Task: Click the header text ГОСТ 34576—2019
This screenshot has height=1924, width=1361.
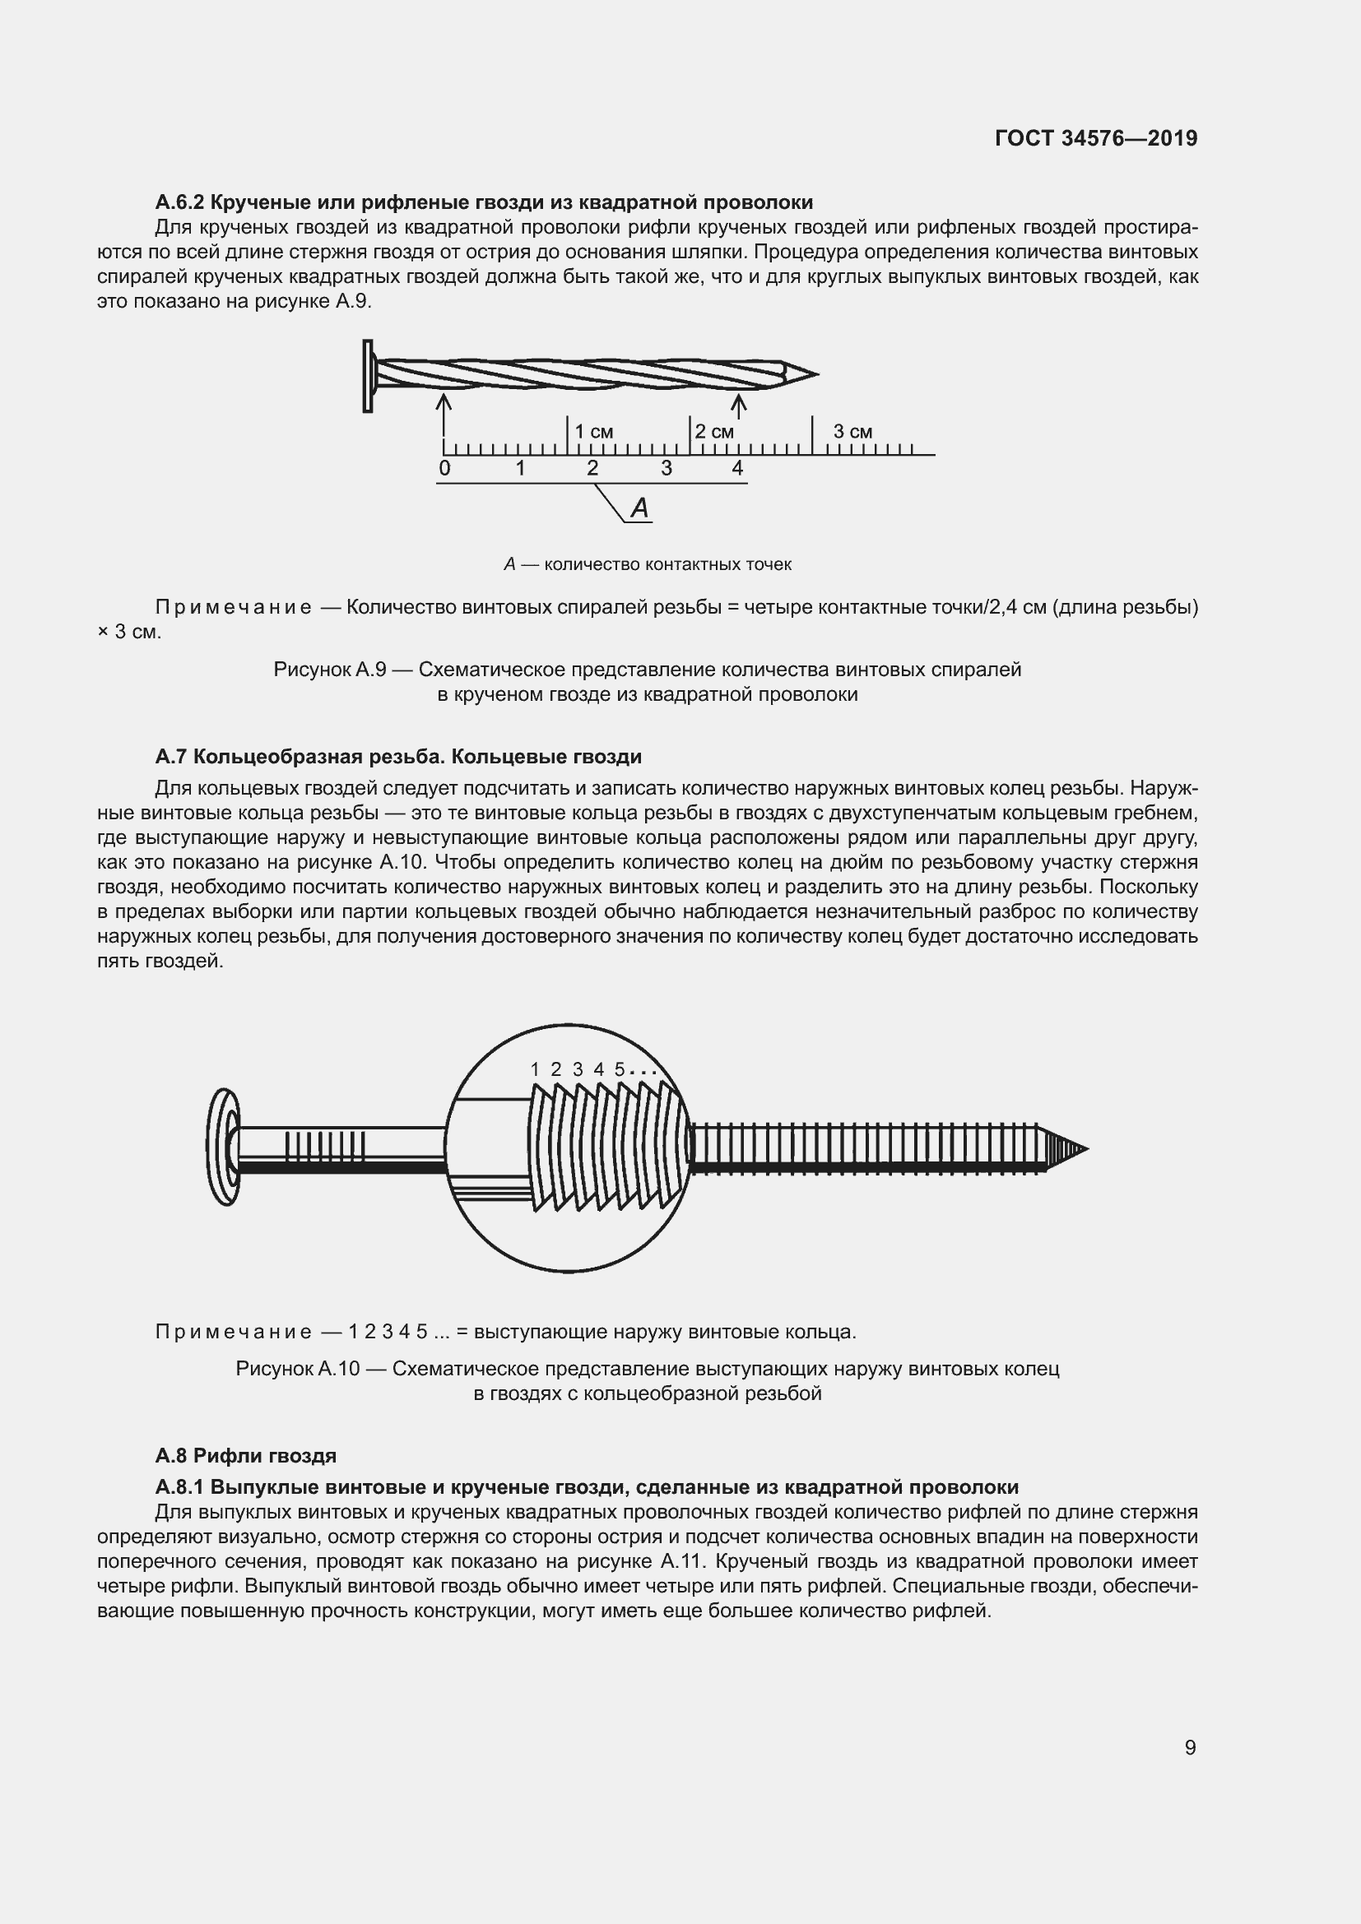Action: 1096,138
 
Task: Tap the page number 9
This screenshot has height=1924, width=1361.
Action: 1190,1747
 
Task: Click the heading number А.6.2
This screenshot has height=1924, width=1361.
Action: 179,202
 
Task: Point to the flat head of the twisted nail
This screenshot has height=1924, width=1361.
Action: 368,375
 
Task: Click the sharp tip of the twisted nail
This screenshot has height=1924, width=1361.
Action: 814,374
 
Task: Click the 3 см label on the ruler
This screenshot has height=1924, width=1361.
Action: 852,432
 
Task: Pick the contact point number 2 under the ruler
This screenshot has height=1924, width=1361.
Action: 592,468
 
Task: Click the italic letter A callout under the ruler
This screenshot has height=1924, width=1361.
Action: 639,508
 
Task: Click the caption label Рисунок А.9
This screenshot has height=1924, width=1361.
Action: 329,670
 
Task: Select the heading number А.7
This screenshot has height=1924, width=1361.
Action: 171,757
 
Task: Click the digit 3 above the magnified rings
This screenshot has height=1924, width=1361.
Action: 578,1069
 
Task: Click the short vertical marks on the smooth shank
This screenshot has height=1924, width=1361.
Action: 325,1147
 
